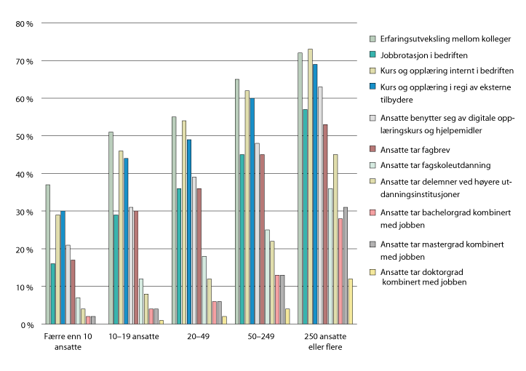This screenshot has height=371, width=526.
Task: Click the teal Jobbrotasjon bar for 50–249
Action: coord(242,239)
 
